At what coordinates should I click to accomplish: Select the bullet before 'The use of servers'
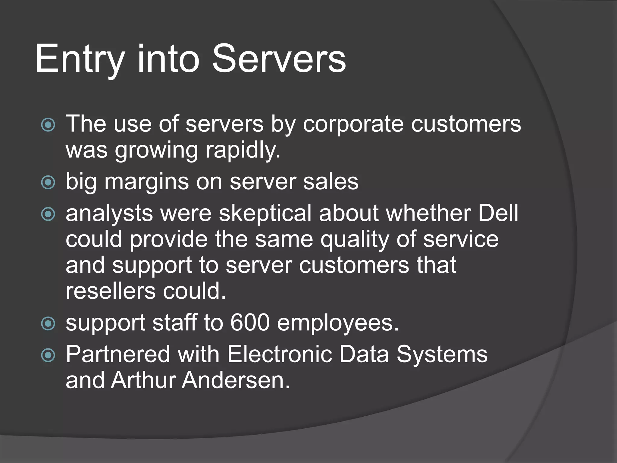[x=48, y=124]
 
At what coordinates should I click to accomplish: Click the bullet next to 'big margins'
[x=48, y=182]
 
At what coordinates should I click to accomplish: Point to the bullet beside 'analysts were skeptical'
[x=48, y=214]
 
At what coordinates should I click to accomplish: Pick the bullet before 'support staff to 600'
[x=48, y=324]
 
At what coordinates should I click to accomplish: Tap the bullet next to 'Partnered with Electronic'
[x=48, y=355]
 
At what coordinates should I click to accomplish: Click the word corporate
[x=353, y=124]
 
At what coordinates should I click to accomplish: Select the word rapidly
[x=243, y=150]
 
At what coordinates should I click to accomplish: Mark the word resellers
[x=111, y=291]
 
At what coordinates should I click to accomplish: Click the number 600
[x=250, y=323]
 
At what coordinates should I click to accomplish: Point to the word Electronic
[x=279, y=354]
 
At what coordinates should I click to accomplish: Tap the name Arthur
[x=143, y=380]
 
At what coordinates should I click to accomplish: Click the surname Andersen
[x=236, y=380]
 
